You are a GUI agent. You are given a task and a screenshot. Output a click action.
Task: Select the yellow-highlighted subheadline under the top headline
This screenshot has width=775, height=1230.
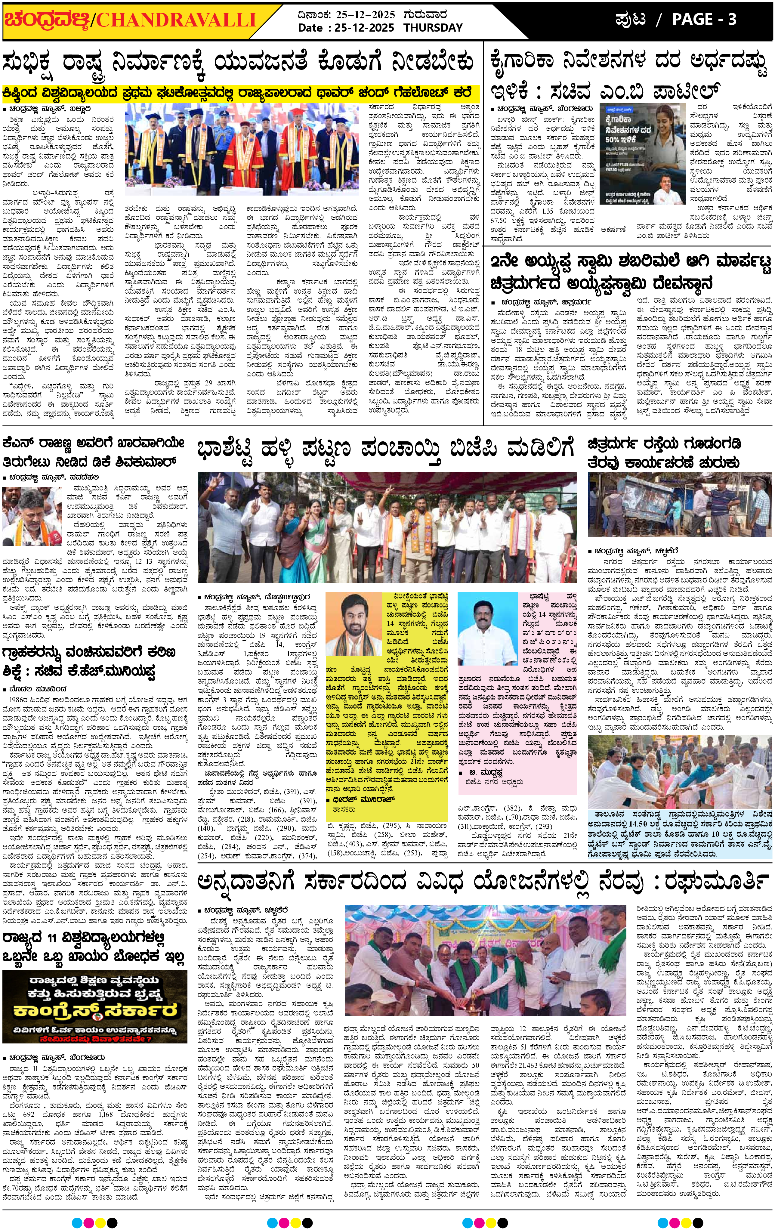[x=240, y=94]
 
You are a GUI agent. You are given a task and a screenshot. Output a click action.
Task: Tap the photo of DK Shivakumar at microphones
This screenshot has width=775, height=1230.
[x=32, y=516]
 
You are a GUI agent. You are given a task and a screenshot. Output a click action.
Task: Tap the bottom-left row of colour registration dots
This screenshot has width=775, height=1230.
[x=94, y=1219]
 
